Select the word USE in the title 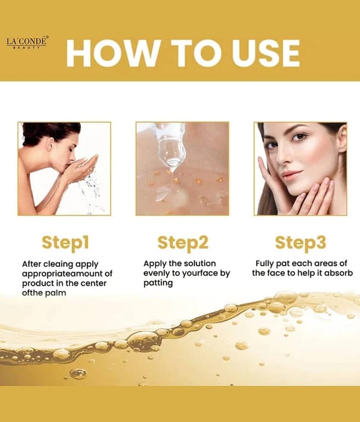266,53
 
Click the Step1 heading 65,243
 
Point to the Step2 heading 183,243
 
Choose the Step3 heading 300,243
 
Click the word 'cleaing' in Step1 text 58,264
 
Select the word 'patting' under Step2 158,283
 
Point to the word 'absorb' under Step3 338,273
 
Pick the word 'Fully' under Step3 265,264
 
